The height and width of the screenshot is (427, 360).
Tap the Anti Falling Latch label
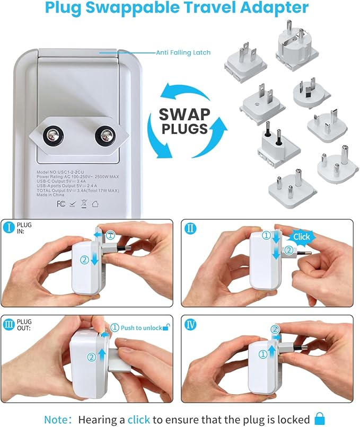182,52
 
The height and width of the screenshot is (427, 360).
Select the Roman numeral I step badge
10,228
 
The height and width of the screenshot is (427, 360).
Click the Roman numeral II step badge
191,228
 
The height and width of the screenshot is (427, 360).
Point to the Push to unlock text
141,328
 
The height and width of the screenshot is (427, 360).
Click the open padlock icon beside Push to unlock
166,327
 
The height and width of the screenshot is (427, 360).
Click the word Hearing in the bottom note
98,419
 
